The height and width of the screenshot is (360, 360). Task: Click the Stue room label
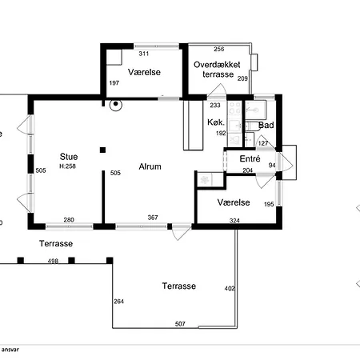point(69,157)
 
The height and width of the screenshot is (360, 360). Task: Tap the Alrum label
point(150,166)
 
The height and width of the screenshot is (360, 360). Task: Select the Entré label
point(250,158)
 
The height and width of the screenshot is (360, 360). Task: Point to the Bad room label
point(266,125)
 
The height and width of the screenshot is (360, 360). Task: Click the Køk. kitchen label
point(216,122)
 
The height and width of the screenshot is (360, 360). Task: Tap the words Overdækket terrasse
point(217,70)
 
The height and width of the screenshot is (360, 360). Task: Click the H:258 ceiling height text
point(68,166)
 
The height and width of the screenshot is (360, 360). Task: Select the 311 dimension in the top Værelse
point(144,54)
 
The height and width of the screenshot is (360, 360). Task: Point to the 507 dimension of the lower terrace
point(180,324)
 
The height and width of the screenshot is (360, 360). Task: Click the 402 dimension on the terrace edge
point(230,288)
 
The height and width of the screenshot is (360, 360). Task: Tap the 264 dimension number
point(118,302)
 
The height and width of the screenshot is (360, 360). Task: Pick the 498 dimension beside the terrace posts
point(53,261)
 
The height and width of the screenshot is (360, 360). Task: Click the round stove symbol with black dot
point(116,105)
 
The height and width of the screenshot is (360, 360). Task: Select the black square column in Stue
point(102,150)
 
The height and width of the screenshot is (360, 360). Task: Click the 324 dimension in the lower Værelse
point(234,221)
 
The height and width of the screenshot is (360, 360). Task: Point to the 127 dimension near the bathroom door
point(263,143)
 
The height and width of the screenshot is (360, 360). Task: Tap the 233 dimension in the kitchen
point(215,106)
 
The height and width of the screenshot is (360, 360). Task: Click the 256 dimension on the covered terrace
point(219,49)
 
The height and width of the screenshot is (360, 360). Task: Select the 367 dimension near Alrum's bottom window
point(153,218)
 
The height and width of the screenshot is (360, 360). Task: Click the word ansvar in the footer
point(10,350)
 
